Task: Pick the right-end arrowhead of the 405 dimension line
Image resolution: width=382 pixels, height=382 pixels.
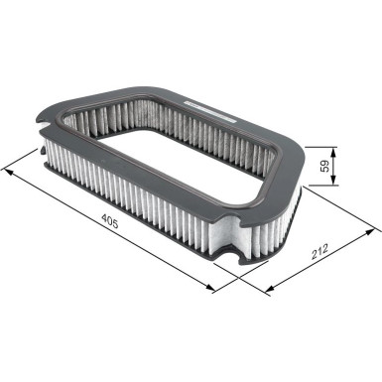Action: [214, 289]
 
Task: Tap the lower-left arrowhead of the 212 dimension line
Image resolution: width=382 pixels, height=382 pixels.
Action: [270, 294]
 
